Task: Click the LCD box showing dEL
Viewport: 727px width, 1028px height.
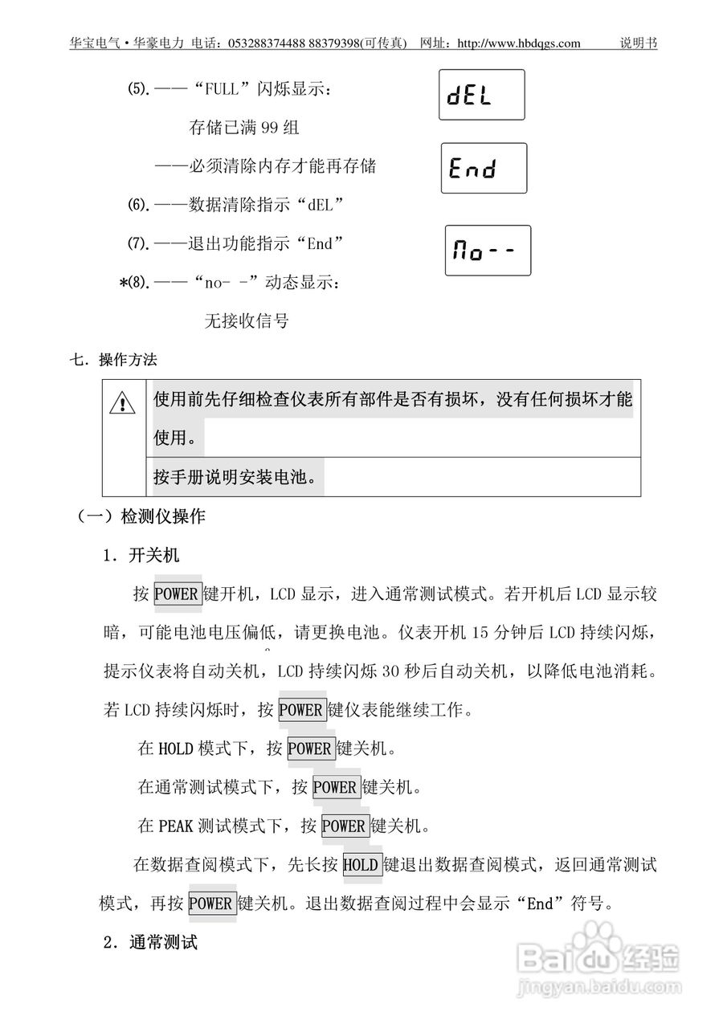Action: pos(482,95)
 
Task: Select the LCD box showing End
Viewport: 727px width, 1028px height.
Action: pos(484,168)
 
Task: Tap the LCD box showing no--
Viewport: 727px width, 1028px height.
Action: pos(488,250)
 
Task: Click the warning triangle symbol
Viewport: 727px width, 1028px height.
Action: pos(122,402)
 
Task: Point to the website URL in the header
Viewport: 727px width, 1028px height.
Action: pos(518,43)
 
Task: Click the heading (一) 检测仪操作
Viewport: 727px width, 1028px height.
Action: pos(141,516)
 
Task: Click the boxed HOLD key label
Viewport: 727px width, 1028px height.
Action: pos(361,865)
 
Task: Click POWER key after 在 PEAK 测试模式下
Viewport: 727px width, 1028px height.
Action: pos(344,826)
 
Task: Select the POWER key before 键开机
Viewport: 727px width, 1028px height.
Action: pos(176,594)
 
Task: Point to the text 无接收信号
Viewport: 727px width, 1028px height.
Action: pos(247,321)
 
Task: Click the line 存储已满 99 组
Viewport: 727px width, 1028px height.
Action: pos(244,128)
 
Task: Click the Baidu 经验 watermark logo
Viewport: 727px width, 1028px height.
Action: pos(598,961)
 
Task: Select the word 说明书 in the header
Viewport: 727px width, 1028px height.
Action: pos(639,43)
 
